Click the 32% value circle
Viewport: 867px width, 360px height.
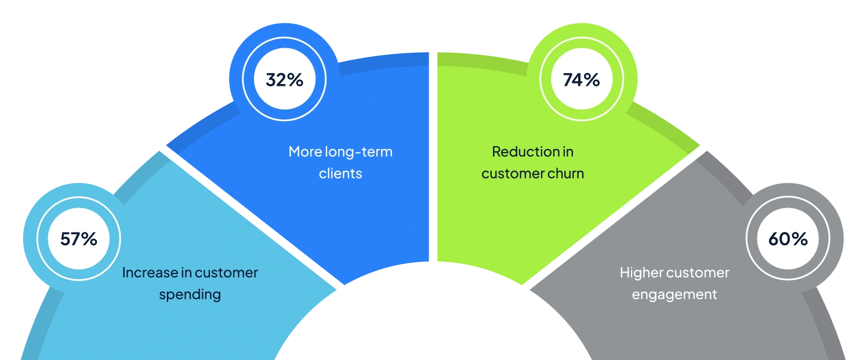tap(284, 79)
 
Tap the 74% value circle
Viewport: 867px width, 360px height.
tap(581, 79)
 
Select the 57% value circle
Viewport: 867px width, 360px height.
tap(79, 238)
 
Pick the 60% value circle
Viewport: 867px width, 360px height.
tap(788, 238)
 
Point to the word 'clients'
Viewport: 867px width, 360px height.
tap(340, 173)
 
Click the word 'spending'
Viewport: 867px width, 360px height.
tap(190, 294)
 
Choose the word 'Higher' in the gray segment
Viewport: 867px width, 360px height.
tap(641, 272)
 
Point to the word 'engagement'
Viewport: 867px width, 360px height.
tap(674, 294)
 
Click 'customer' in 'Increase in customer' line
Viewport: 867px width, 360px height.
tap(226, 272)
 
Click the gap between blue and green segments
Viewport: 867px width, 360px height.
tap(433, 157)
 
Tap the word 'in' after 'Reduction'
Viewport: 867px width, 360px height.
tap(567, 152)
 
